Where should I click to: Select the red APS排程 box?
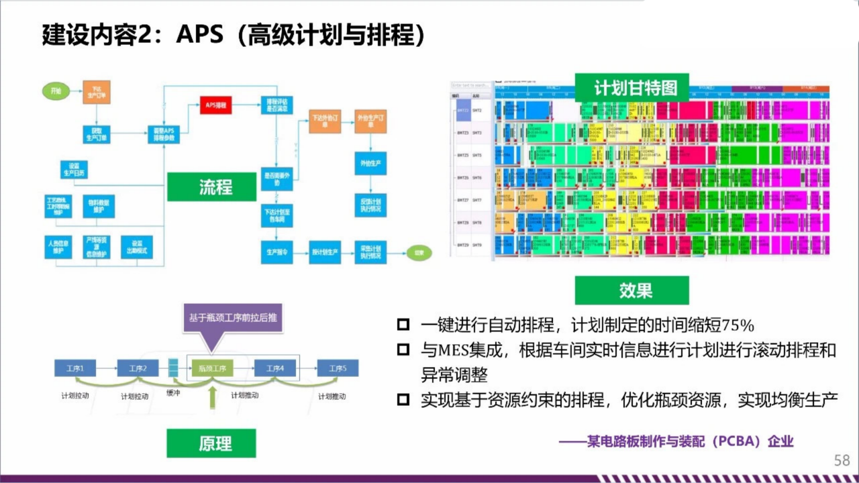[215, 105]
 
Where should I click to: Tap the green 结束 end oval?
[418, 253]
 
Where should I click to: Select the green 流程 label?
[211, 186]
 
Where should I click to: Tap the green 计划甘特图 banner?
[631, 88]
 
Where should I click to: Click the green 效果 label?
[631, 290]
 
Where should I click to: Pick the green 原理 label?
[211, 443]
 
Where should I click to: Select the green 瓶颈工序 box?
[211, 368]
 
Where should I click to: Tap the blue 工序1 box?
[74, 368]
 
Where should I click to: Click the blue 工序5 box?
[338, 368]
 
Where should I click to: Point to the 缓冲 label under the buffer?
[174, 394]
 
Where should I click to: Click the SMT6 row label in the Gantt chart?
[477, 178]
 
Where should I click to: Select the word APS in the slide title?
[199, 34]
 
